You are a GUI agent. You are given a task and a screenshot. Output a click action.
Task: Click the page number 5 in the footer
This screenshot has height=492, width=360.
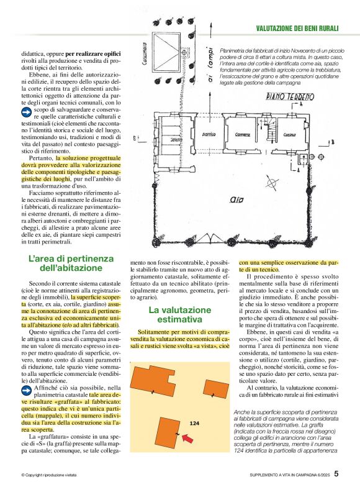[336, 474]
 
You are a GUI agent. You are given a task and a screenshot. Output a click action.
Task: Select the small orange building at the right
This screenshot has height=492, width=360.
[218, 389]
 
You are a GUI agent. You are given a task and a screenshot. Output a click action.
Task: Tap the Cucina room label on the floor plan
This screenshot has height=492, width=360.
[273, 135]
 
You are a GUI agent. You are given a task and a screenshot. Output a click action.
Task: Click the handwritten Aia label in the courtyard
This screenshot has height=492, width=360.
[236, 201]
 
